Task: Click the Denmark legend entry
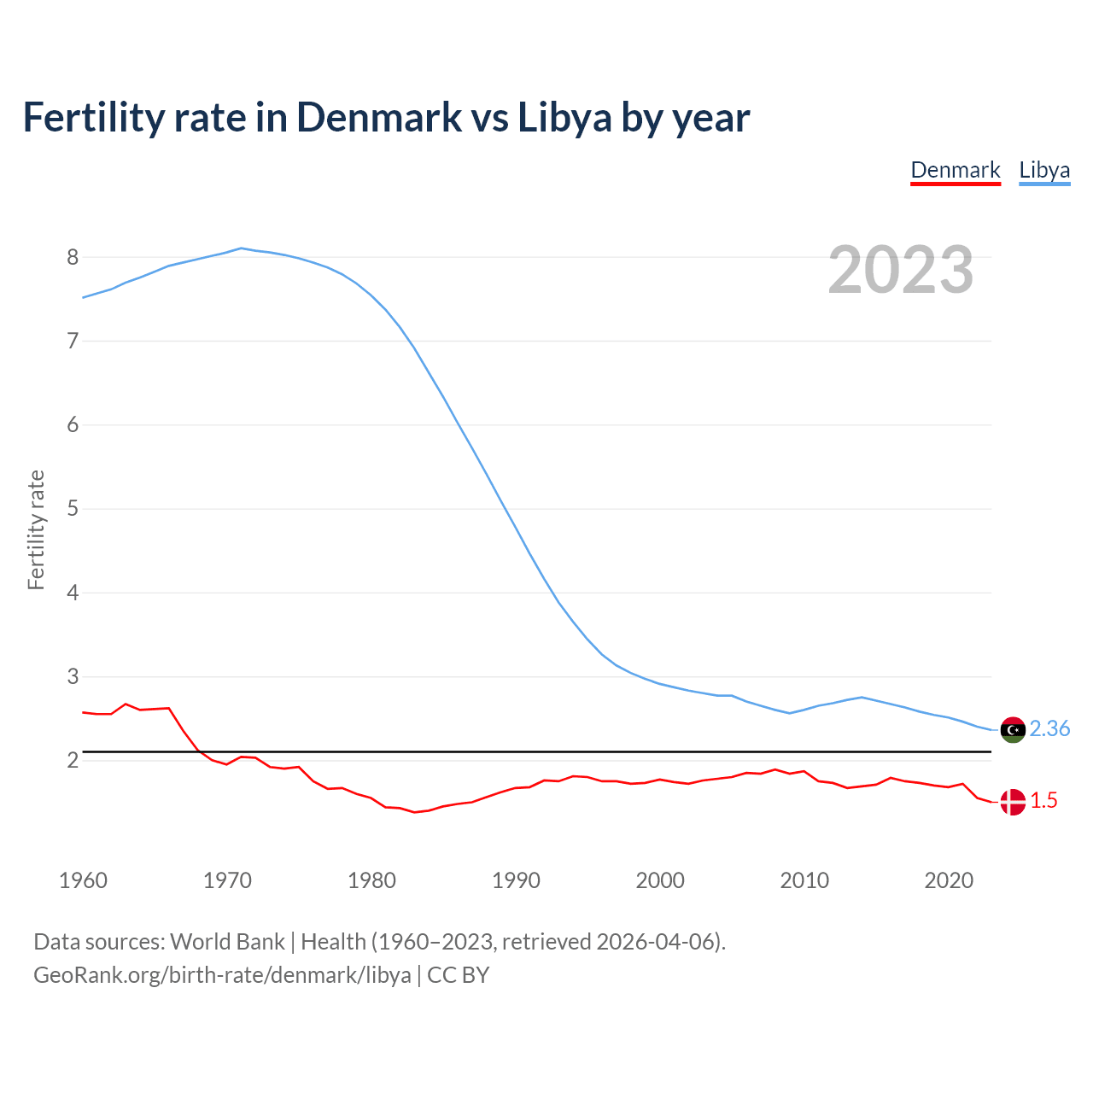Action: point(955,170)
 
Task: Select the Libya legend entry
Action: point(1044,170)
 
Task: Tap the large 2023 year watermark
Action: point(901,270)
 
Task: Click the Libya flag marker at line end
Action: point(1012,730)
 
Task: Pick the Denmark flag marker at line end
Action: point(1012,802)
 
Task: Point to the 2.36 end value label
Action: point(1049,728)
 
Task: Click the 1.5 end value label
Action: point(1043,800)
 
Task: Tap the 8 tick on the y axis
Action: point(73,257)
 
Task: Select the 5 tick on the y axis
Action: point(73,509)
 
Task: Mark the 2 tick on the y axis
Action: point(73,760)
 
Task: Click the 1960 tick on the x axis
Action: point(83,880)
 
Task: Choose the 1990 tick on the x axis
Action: point(516,880)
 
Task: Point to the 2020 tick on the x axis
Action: point(949,880)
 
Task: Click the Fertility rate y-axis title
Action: point(36,529)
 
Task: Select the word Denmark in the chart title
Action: point(379,117)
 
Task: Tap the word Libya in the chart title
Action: point(564,117)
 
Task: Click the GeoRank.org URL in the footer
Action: point(222,975)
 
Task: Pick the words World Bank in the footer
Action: point(227,942)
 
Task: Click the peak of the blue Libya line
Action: point(241,248)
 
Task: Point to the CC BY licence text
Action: point(458,975)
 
